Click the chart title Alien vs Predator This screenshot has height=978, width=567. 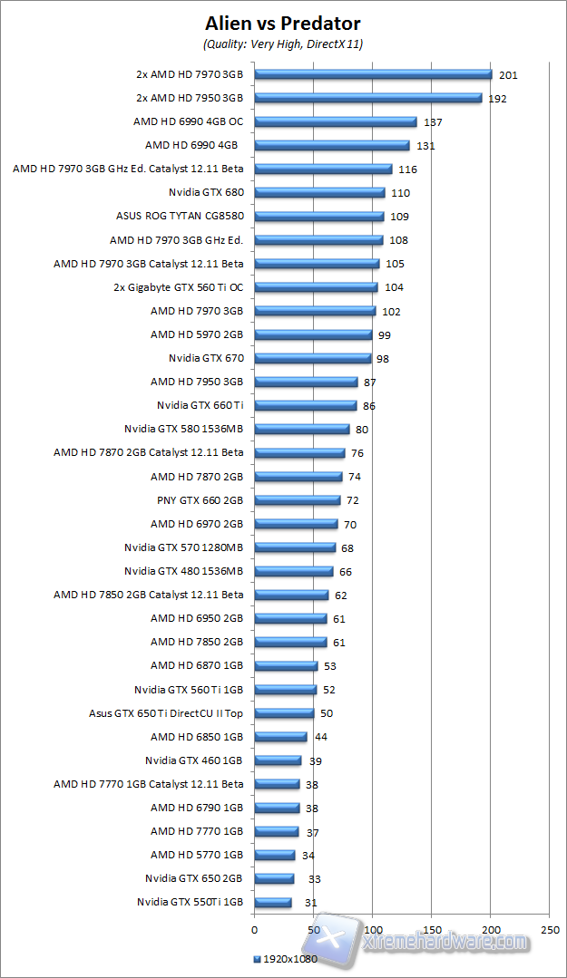point(283,24)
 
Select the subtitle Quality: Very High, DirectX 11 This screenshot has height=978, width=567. point(283,44)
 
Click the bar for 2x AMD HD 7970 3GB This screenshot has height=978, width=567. point(373,74)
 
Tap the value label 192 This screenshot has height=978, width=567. point(497,99)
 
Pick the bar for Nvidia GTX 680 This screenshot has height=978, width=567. point(319,192)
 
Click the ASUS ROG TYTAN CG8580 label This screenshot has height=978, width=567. point(186,216)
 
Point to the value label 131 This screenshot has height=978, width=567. point(425,146)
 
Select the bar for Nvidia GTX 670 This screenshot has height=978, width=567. point(312,358)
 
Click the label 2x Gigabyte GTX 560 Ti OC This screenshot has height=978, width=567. point(185,287)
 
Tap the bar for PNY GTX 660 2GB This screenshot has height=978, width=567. point(297,500)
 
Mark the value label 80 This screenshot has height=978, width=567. point(362,430)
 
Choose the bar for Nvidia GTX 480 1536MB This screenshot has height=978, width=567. point(293,571)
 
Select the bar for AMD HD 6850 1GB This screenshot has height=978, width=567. point(280,737)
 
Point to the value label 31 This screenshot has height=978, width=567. point(311,903)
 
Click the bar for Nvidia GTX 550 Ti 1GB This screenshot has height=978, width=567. point(272,903)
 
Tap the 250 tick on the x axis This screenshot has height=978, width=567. point(549,929)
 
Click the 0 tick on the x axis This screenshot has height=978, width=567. point(254,929)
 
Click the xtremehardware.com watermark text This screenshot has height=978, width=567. point(445,943)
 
